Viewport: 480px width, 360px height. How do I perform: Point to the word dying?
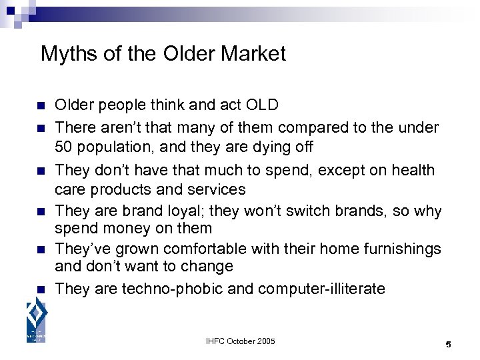click(x=266, y=145)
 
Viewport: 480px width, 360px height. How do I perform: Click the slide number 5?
click(x=448, y=345)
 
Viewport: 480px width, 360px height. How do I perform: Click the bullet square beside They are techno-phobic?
click(x=40, y=290)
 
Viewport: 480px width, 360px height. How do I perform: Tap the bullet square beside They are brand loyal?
click(x=40, y=212)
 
